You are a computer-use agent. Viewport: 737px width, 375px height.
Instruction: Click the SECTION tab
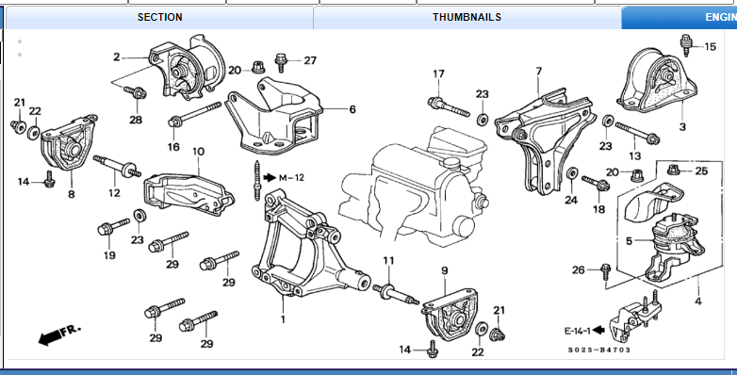pyautogui.click(x=159, y=17)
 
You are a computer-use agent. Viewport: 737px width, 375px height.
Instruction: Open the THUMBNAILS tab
pyautogui.click(x=467, y=17)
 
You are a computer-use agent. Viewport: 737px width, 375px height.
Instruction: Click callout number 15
pyautogui.click(x=711, y=46)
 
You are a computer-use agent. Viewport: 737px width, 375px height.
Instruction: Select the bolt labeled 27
pyautogui.click(x=281, y=62)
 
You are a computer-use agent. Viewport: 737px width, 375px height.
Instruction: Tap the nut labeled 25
pyautogui.click(x=674, y=170)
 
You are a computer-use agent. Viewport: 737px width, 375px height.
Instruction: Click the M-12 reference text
pyautogui.click(x=291, y=178)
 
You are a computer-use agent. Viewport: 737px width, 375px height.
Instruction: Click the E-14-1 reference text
pyautogui.click(x=577, y=331)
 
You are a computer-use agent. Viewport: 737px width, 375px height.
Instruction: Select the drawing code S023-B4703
pyautogui.click(x=598, y=350)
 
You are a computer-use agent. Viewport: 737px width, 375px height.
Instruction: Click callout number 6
pyautogui.click(x=352, y=109)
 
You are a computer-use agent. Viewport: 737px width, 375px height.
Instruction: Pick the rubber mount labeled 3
pyautogui.click(x=658, y=81)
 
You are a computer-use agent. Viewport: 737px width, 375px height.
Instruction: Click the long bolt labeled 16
pyautogui.click(x=194, y=114)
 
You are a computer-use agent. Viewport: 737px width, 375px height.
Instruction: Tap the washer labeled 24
pyautogui.click(x=572, y=173)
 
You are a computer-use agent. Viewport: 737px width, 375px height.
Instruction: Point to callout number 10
pyautogui.click(x=198, y=152)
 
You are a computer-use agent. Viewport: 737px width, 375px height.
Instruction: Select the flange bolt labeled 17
pyautogui.click(x=449, y=106)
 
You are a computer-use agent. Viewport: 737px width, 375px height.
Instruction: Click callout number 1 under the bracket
pyautogui.click(x=283, y=319)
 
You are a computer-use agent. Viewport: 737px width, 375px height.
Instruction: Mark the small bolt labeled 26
pyautogui.click(x=605, y=271)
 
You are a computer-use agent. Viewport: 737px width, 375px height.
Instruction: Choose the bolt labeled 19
pyautogui.click(x=113, y=226)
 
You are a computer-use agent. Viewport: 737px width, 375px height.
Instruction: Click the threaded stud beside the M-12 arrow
pyautogui.click(x=256, y=181)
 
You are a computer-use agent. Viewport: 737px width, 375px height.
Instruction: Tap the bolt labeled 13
pyautogui.click(x=637, y=133)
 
